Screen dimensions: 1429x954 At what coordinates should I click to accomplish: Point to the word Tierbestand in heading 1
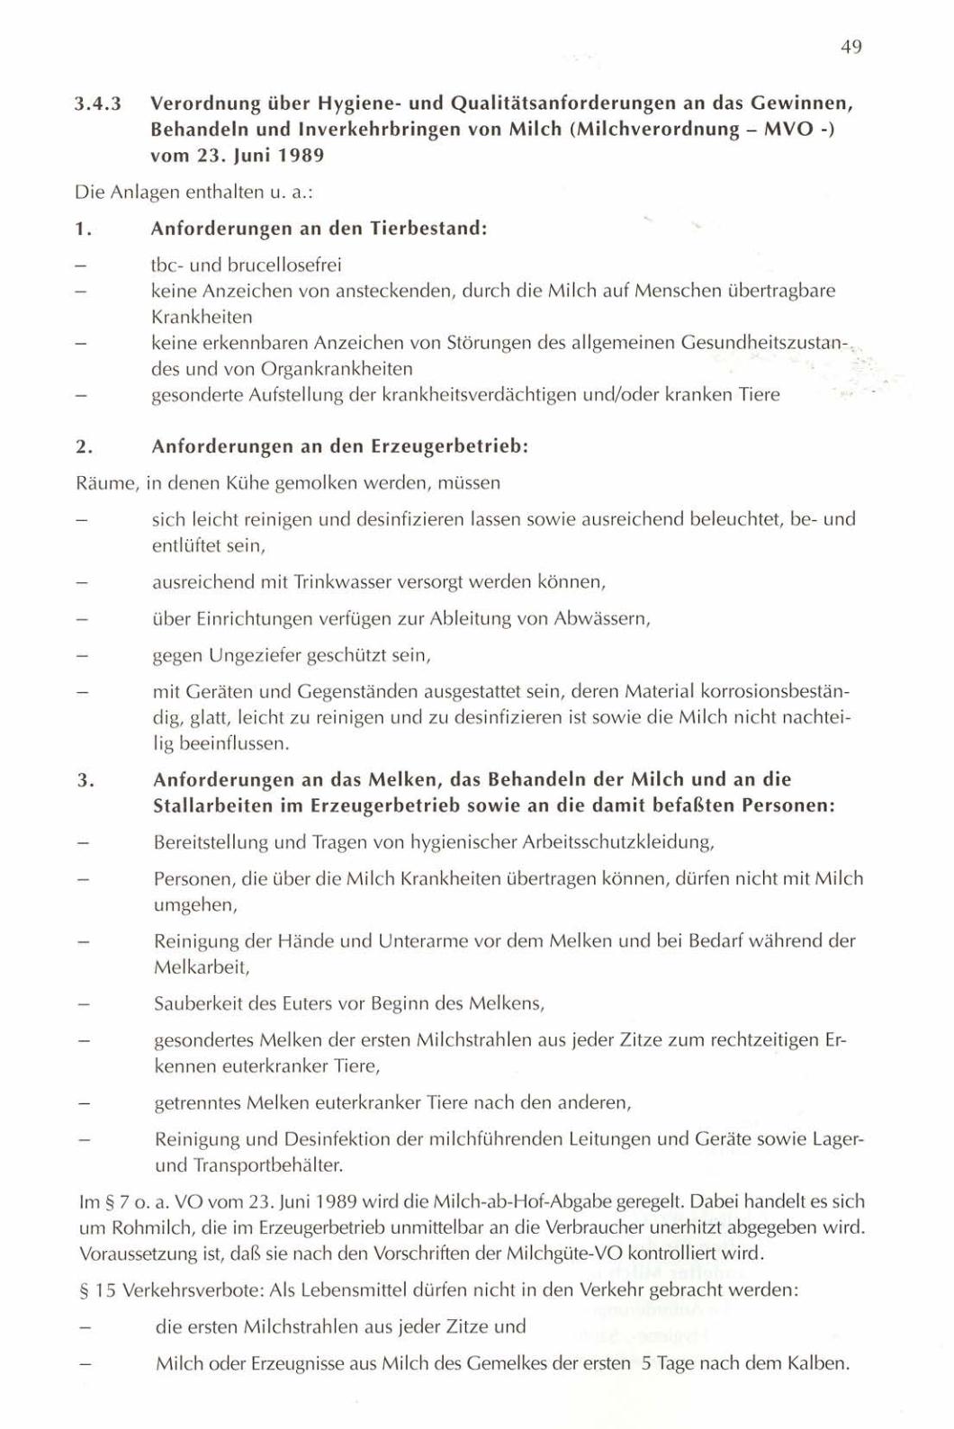[427, 228]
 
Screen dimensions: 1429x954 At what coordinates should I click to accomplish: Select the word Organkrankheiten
[337, 369]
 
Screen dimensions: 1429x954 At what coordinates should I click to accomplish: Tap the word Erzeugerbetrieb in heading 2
[458, 446]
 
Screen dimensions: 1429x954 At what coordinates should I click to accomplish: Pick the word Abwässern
[602, 619]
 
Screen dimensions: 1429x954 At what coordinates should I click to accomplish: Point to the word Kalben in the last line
[820, 1363]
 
